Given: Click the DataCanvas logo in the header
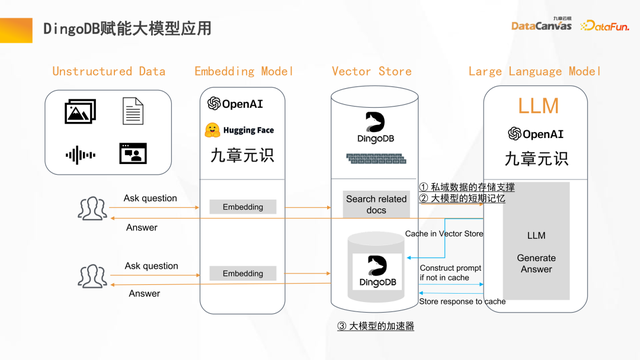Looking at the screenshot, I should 541,25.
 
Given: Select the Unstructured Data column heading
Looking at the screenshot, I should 108,72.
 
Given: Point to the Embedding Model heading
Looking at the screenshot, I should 243,72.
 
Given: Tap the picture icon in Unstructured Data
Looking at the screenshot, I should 80,112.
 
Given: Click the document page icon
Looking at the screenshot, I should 132,111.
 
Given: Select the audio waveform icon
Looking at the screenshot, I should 80,155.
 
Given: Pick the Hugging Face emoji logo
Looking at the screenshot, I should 213,130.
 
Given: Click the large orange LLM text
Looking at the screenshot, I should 538,106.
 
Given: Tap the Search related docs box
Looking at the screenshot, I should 376,205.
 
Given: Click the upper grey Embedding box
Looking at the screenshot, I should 243,207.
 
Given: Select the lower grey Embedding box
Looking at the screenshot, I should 243,273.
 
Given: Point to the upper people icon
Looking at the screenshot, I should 92,208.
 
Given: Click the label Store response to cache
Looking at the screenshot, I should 462,301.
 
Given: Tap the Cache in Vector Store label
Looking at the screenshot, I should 444,234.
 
